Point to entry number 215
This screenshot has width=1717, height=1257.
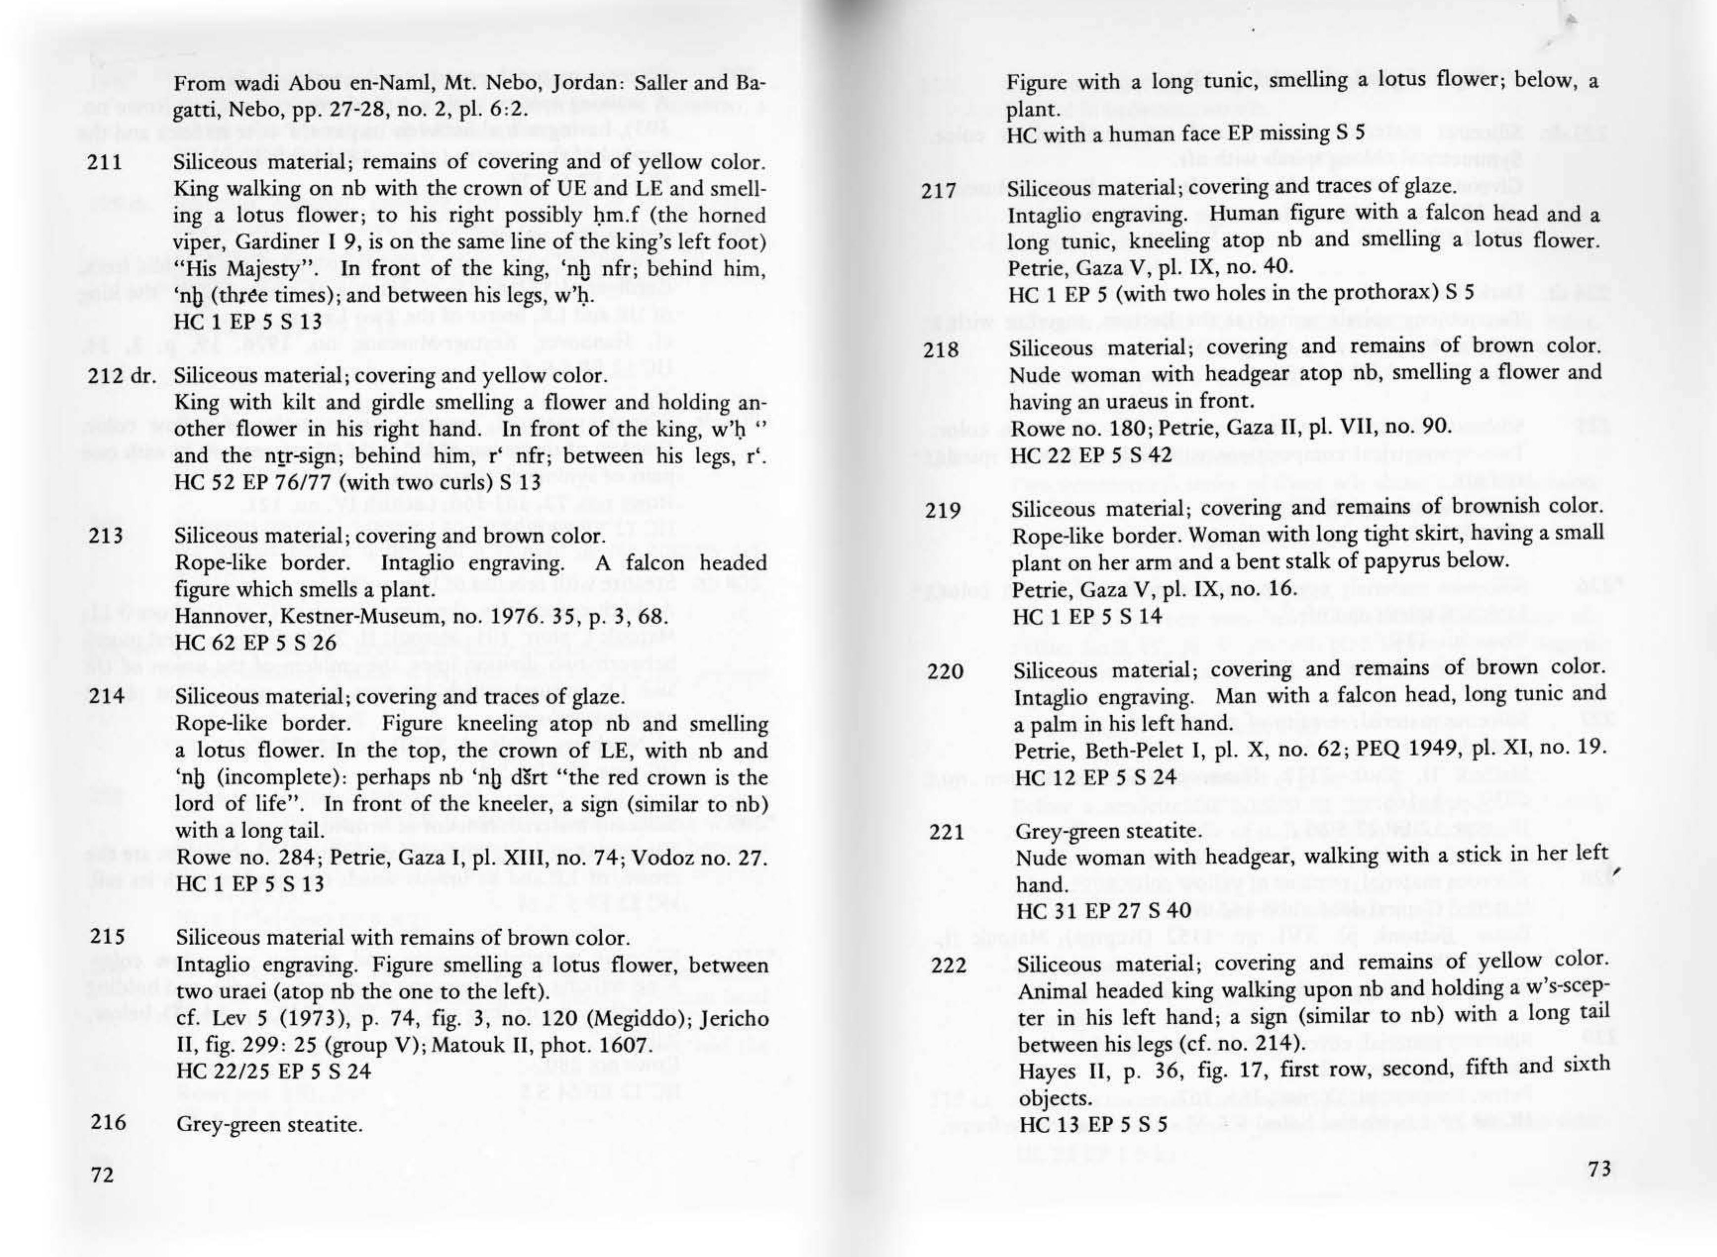point(106,937)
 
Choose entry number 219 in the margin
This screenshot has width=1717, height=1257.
point(944,509)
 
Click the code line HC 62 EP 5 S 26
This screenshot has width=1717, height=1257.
point(256,643)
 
